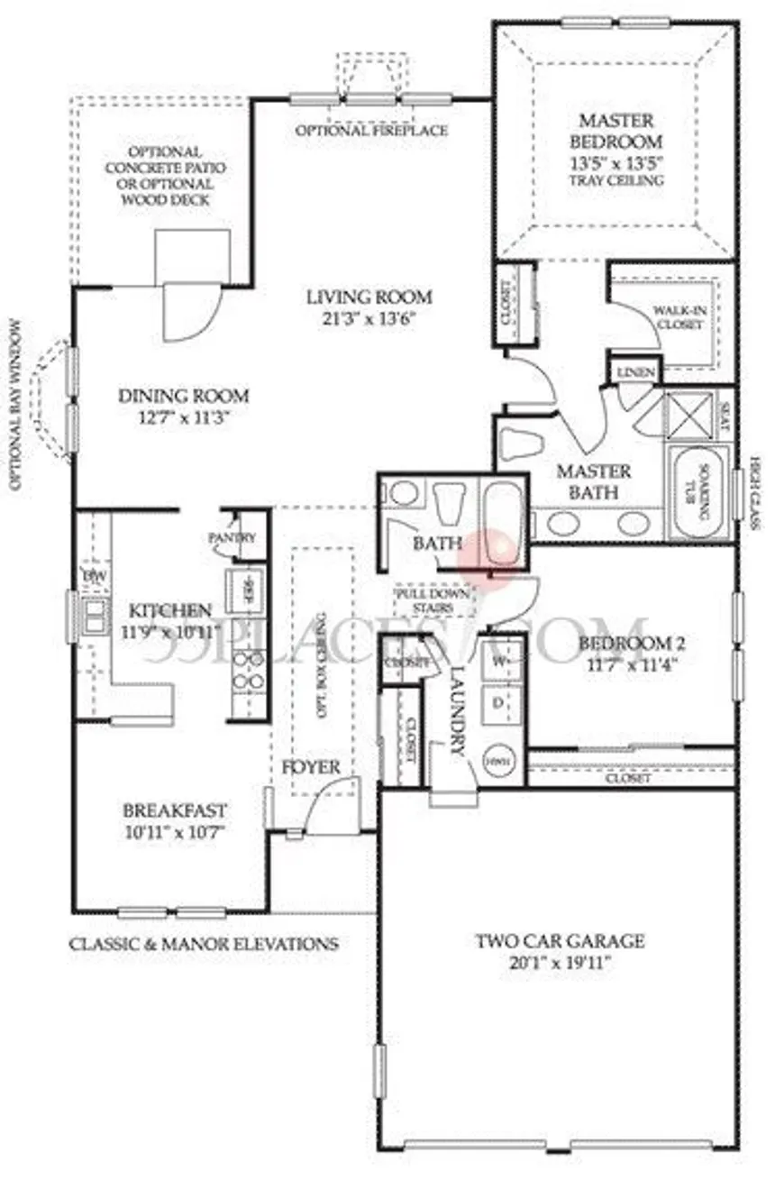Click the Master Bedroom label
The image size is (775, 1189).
pyautogui.click(x=616, y=131)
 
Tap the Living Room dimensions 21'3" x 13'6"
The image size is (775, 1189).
pyautogui.click(x=369, y=318)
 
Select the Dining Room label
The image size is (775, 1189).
pyautogui.click(x=184, y=396)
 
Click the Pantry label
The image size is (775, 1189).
pyautogui.click(x=232, y=537)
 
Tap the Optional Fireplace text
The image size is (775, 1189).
pyautogui.click(x=372, y=131)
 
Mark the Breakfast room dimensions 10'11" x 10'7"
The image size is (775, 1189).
pyautogui.click(x=175, y=832)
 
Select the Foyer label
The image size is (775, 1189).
pyautogui.click(x=311, y=768)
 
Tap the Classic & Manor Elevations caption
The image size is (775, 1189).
pyautogui.click(x=205, y=945)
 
